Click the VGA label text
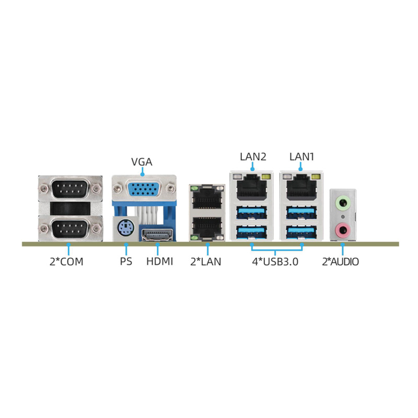(142, 162)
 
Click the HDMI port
(157, 235)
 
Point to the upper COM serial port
(70, 189)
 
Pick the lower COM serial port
(70, 228)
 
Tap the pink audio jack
(343, 229)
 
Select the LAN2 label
(253, 156)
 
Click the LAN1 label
(302, 156)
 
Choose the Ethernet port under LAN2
(252, 187)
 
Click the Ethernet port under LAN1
(301, 187)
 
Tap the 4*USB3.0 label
(275, 262)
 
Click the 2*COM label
(66, 262)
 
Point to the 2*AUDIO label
(341, 262)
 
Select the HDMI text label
(160, 262)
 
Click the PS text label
(126, 262)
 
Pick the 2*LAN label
(206, 262)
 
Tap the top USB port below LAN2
(252, 212)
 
